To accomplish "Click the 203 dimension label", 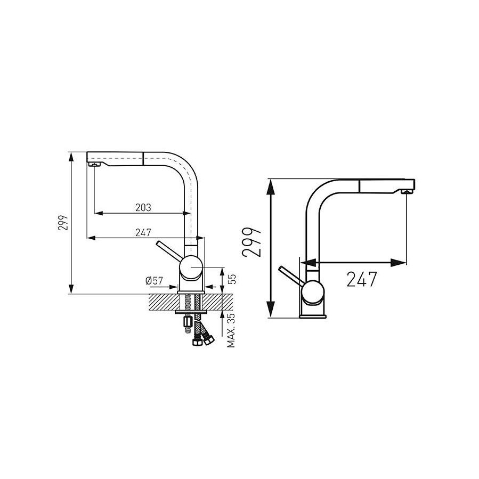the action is click(x=143, y=207).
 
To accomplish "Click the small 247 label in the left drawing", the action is click(x=143, y=232).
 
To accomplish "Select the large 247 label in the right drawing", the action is click(x=362, y=279).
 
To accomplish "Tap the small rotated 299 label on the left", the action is click(x=63, y=223).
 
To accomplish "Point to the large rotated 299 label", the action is click(x=251, y=242).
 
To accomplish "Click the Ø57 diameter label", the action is click(x=155, y=280).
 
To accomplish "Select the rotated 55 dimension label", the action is click(x=232, y=279).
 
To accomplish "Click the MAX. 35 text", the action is click(x=231, y=330).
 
